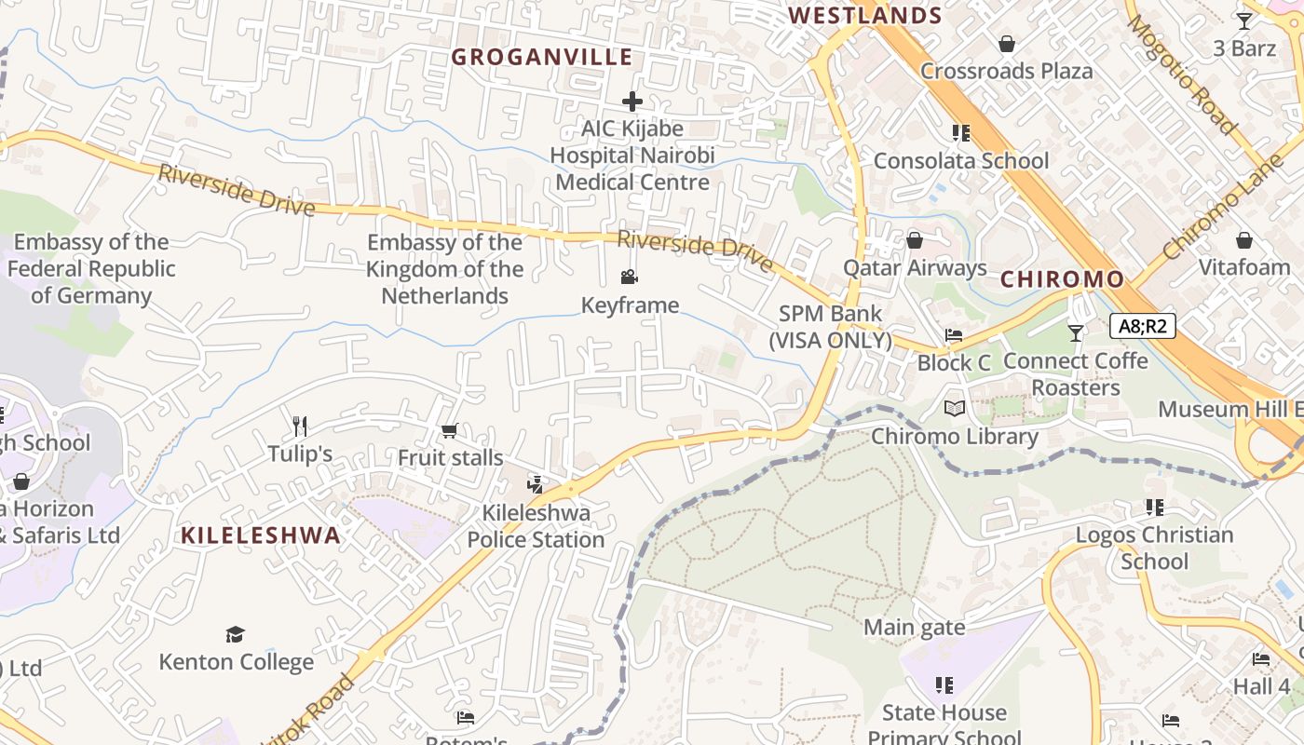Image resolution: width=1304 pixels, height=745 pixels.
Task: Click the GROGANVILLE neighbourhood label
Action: [x=542, y=57]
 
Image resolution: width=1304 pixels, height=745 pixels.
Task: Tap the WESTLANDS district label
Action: [x=865, y=16]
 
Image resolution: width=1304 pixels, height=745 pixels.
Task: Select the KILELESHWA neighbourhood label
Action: [x=261, y=535]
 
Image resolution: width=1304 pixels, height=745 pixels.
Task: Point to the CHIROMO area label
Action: [x=1062, y=279]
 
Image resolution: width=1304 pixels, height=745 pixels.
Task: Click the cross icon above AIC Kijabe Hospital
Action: [x=632, y=101]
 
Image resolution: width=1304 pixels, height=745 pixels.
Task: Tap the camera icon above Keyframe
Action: [x=630, y=278]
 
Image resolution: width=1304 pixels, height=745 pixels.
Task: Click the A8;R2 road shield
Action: [x=1143, y=326]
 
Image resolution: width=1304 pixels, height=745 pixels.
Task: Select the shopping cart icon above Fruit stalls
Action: [x=449, y=430]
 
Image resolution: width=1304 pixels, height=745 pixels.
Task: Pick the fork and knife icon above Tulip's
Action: [x=300, y=427]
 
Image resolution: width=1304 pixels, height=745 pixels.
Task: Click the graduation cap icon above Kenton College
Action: [x=235, y=634]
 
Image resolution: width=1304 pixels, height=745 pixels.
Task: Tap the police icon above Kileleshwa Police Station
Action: [x=535, y=483]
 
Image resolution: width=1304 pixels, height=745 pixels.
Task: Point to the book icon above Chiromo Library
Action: [x=954, y=409]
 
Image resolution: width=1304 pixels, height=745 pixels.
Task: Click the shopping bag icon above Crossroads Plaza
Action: [x=1006, y=44]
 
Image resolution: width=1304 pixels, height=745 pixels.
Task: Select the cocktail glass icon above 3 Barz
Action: [x=1244, y=20]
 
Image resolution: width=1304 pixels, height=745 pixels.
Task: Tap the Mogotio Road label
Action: [x=1182, y=74]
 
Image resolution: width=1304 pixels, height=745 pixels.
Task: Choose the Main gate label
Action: [x=914, y=628]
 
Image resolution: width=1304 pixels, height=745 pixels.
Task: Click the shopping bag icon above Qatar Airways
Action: [x=915, y=241]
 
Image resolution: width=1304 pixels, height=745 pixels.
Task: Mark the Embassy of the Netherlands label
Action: [x=444, y=269]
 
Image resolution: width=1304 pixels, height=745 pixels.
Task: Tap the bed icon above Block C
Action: [x=953, y=336]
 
